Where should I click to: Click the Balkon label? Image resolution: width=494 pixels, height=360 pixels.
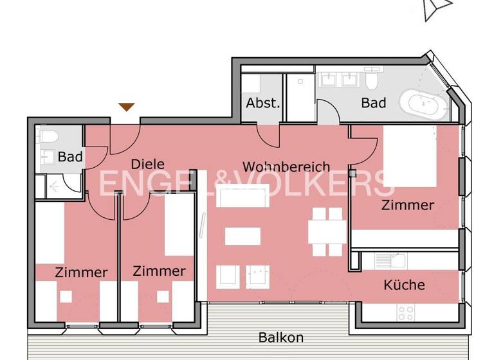(x=280, y=337)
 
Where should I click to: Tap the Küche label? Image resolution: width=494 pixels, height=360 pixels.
(x=404, y=285)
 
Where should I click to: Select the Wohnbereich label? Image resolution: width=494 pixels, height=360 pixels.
(x=286, y=167)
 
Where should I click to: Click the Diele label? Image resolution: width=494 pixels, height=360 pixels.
(x=147, y=164)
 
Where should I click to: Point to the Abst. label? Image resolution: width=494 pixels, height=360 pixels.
(x=262, y=103)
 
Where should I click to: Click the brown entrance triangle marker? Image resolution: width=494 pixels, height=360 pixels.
(x=127, y=107)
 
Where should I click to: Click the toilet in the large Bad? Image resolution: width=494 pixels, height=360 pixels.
(x=372, y=80)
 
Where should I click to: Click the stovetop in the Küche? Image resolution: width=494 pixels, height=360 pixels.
(x=405, y=313)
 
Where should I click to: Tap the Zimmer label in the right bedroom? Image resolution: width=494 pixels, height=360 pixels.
(x=407, y=206)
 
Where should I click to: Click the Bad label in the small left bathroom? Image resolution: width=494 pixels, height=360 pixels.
(x=69, y=156)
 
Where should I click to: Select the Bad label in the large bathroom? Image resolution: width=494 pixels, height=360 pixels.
(x=373, y=103)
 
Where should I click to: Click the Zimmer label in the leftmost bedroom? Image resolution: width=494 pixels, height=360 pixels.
(x=81, y=273)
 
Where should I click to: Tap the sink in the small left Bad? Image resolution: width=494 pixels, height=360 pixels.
(x=49, y=157)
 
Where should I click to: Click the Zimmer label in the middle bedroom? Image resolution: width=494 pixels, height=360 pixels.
(x=159, y=271)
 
